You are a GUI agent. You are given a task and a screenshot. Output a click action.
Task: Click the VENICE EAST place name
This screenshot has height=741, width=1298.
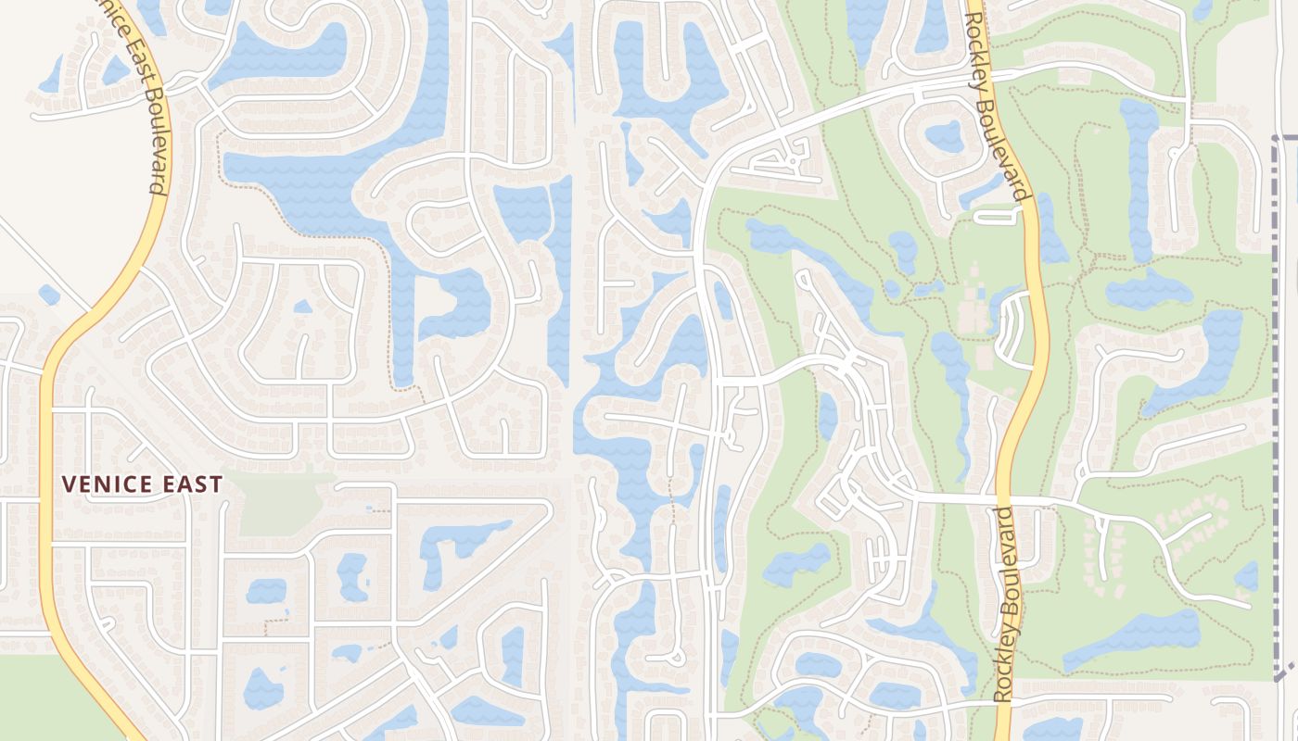click(142, 484)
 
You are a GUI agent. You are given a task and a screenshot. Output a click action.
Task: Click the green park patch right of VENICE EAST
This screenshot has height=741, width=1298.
click(274, 505)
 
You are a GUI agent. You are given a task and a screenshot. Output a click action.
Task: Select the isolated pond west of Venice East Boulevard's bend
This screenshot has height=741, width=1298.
click(49, 295)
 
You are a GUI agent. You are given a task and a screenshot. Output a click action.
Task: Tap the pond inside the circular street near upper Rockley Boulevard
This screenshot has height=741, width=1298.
click(943, 135)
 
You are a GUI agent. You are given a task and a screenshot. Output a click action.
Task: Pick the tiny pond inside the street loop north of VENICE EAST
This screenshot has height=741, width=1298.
click(302, 307)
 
